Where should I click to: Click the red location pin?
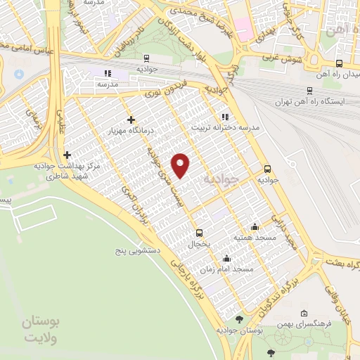point(181,165)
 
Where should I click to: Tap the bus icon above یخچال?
point(200,233)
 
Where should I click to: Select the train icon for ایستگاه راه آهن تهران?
point(309,91)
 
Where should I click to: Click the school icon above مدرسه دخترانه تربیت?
point(224,117)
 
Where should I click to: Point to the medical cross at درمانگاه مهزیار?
point(131,120)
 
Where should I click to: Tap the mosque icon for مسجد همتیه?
point(255,226)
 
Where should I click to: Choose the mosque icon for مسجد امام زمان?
point(225,258)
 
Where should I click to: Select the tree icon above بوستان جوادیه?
point(239,319)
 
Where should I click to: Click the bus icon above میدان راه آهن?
point(339,63)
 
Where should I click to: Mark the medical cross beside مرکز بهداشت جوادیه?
point(67,155)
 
